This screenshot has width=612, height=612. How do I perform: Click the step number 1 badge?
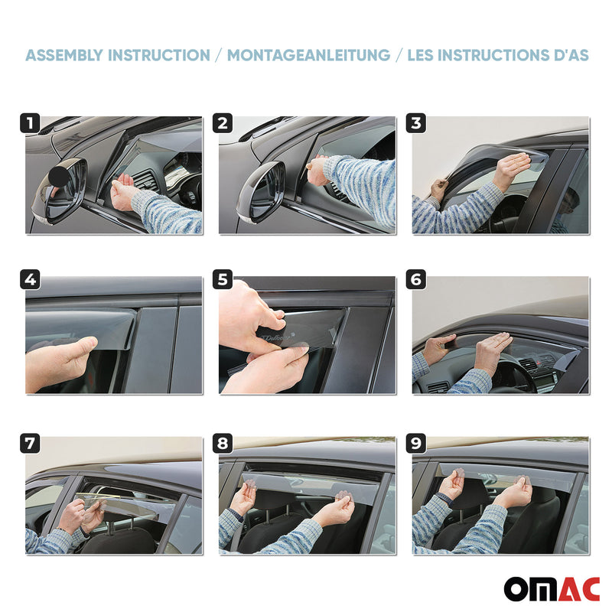pos(30,123)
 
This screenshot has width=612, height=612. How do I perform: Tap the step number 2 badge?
pos(223,123)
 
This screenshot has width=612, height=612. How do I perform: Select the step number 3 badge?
pos(417,123)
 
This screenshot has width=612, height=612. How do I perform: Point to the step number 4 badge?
pos(30,280)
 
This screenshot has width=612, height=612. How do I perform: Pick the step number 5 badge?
pos(223,280)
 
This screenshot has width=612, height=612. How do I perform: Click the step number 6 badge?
pos(417,280)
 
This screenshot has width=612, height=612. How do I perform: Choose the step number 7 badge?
pos(30,443)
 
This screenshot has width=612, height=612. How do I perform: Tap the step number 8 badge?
pos(223,443)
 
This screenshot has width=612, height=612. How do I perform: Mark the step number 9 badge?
pos(417,443)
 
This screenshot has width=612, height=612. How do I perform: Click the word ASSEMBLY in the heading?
pos(64,55)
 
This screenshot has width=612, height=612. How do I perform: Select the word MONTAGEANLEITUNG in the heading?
pos(308,55)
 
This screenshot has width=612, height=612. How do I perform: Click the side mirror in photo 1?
pos(61,187)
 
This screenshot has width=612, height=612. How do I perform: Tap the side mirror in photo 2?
pos(260,191)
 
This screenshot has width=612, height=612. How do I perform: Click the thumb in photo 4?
pos(76,349)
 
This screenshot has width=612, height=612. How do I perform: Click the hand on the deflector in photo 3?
pos(513,168)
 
